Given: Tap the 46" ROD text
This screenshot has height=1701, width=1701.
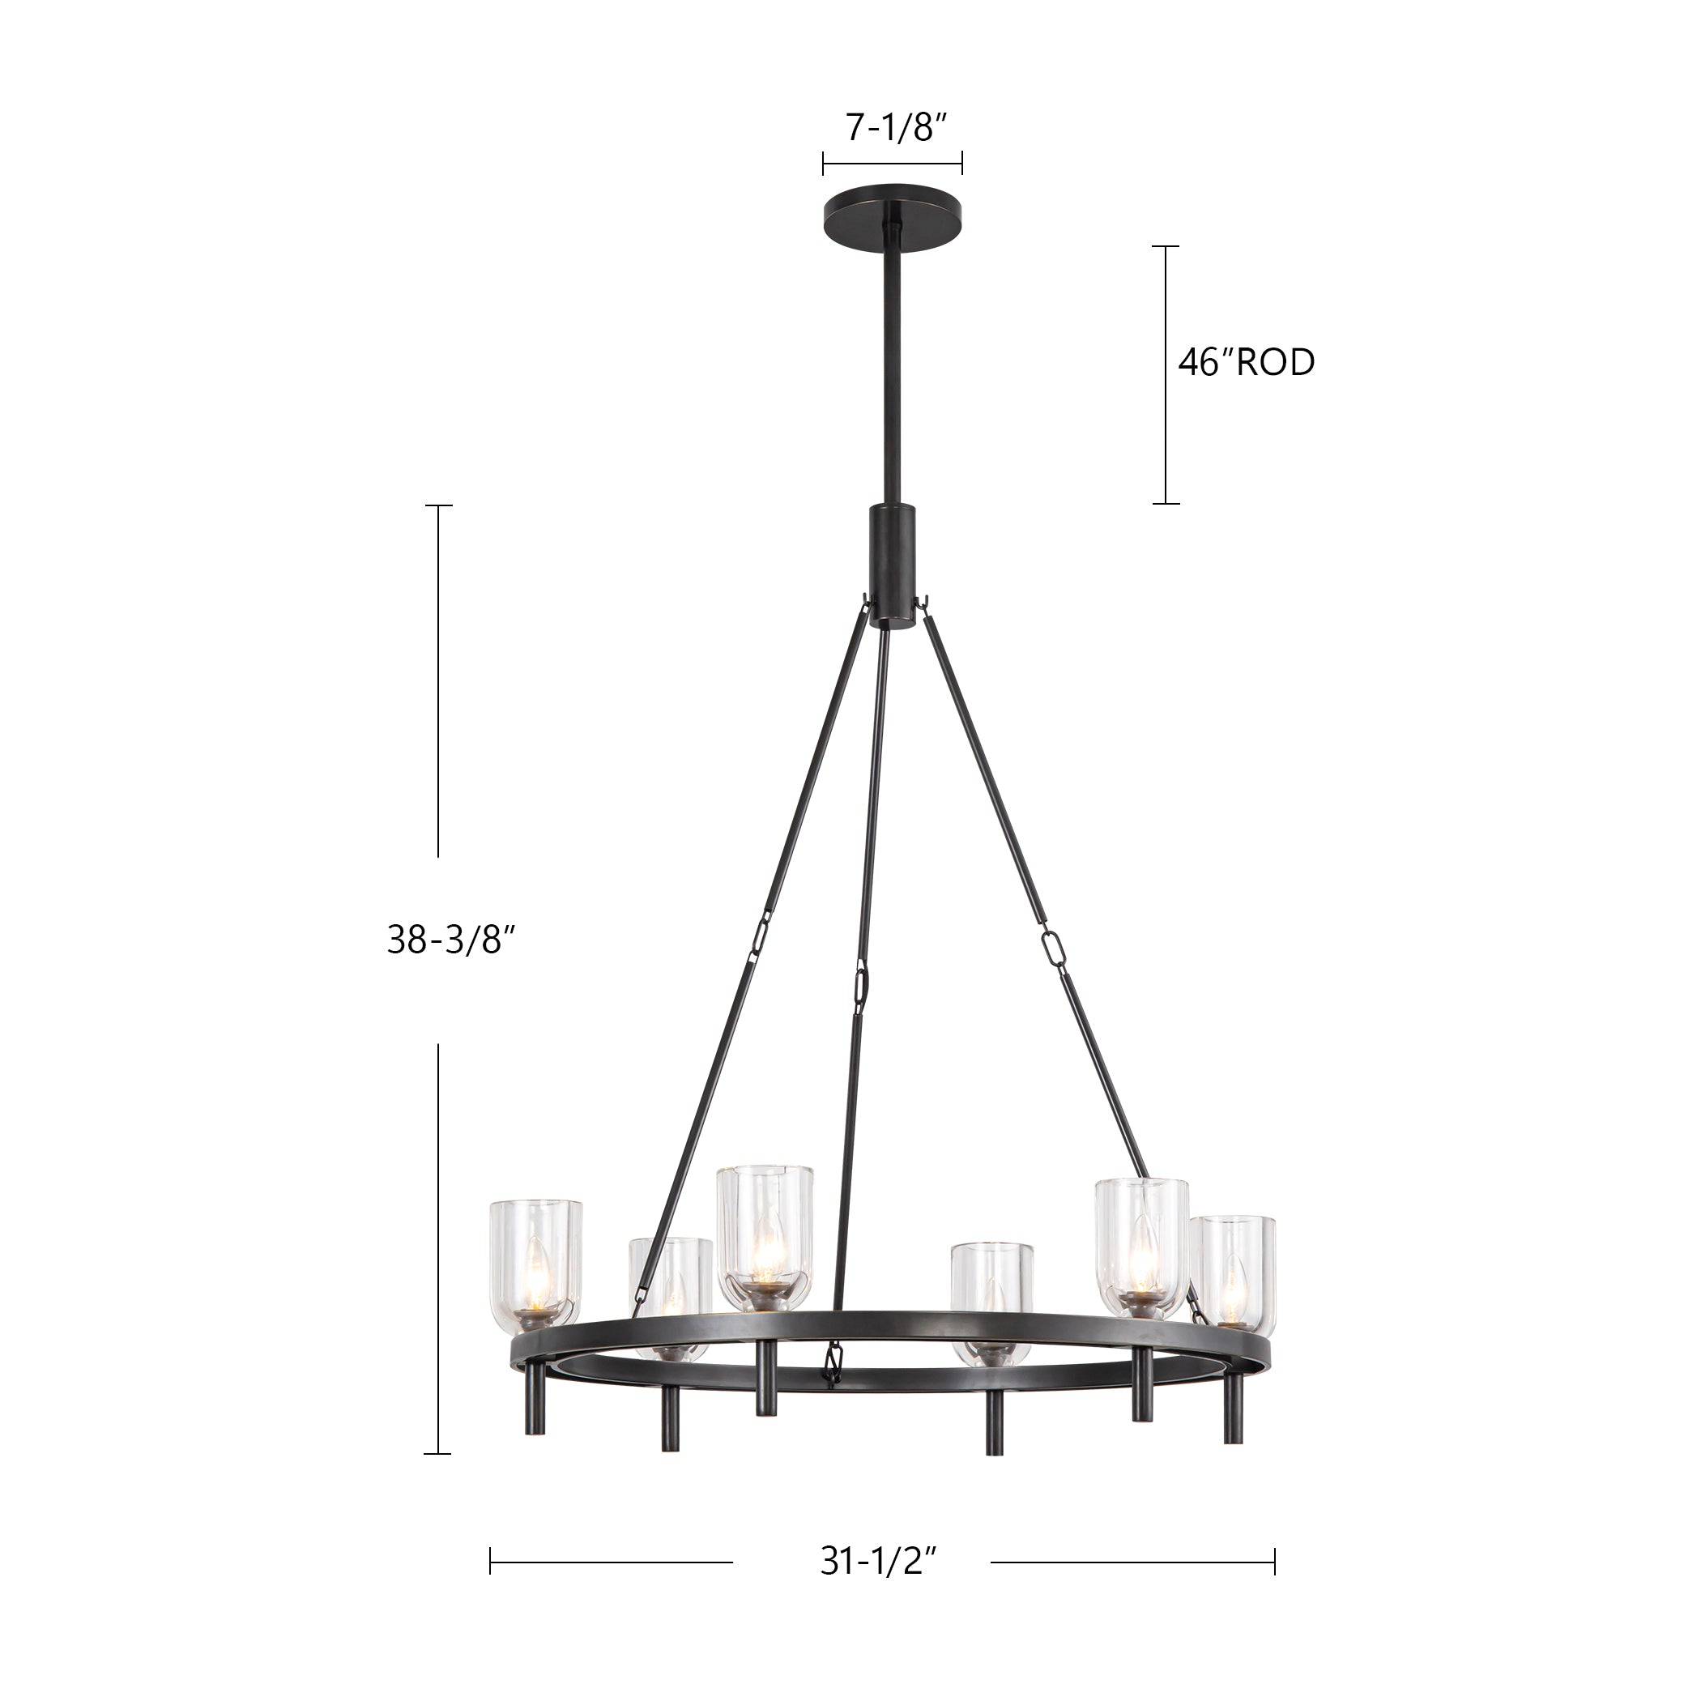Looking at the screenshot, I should pyautogui.click(x=1246, y=363).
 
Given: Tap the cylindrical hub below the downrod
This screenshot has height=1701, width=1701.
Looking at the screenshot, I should pyautogui.click(x=892, y=565).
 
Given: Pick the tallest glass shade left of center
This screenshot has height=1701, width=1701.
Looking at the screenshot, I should pyautogui.click(x=764, y=1237).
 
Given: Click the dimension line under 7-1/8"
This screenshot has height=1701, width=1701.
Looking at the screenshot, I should pyautogui.click(x=892, y=163).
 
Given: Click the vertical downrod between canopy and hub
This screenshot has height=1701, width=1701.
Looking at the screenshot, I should pyautogui.click(x=892, y=370).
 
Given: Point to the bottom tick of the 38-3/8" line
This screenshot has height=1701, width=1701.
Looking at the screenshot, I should pyautogui.click(x=437, y=1454).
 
